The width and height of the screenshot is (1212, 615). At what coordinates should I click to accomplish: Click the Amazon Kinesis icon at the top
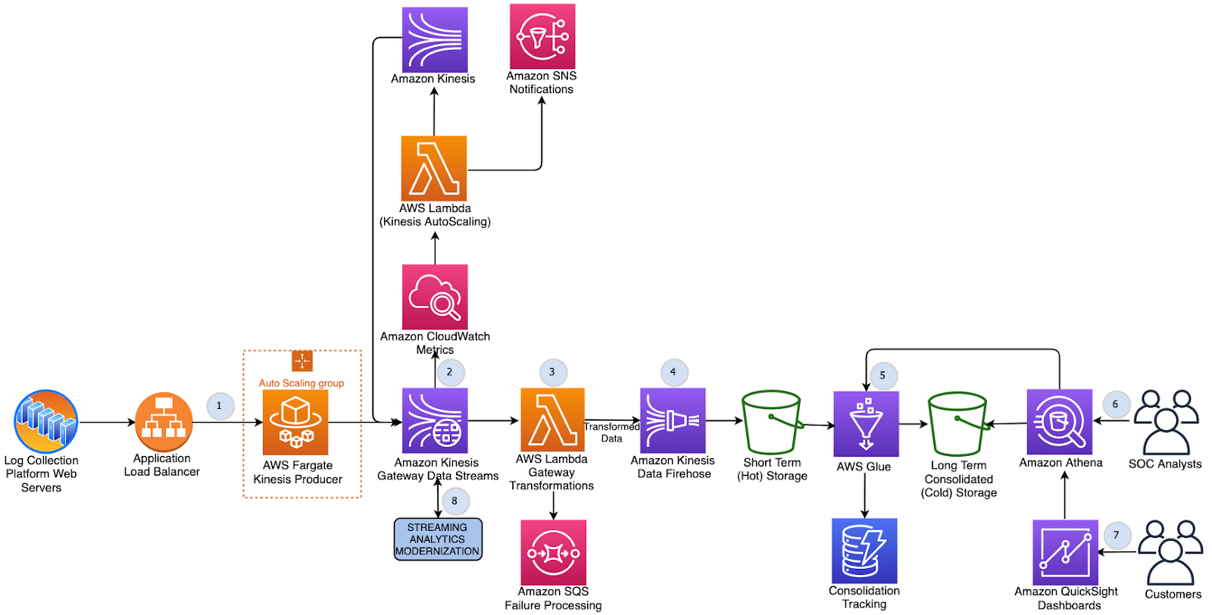point(434,39)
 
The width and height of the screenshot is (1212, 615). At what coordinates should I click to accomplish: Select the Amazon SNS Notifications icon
point(542,36)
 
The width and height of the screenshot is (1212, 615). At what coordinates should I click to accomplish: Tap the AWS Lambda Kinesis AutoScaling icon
point(434,168)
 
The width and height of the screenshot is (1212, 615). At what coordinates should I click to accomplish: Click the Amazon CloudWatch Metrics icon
point(435,297)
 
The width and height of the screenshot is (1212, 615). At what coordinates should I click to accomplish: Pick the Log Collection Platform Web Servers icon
point(45,422)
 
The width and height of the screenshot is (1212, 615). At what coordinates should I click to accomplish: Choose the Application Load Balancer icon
point(163,422)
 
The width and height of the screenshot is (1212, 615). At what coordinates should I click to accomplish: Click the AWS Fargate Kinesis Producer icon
point(295,422)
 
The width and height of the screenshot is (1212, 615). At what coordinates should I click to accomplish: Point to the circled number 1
point(220,405)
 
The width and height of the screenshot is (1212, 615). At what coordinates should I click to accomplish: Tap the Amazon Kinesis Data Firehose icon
point(673,420)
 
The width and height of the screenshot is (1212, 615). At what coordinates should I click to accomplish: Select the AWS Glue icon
point(866,423)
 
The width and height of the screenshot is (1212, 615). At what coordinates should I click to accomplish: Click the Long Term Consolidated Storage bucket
point(957,423)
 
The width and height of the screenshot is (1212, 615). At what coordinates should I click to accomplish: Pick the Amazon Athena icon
point(1059,422)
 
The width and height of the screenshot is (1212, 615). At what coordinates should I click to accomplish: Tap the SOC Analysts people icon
point(1166,422)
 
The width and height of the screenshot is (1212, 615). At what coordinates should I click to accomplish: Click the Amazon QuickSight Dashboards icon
point(1065,552)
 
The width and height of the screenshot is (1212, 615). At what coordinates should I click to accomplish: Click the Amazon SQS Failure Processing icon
point(553,552)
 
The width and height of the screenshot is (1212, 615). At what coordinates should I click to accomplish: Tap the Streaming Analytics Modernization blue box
point(438,539)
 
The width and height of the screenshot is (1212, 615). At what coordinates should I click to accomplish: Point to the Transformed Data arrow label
point(611,432)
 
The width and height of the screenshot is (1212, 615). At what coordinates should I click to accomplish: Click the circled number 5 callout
point(882,375)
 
